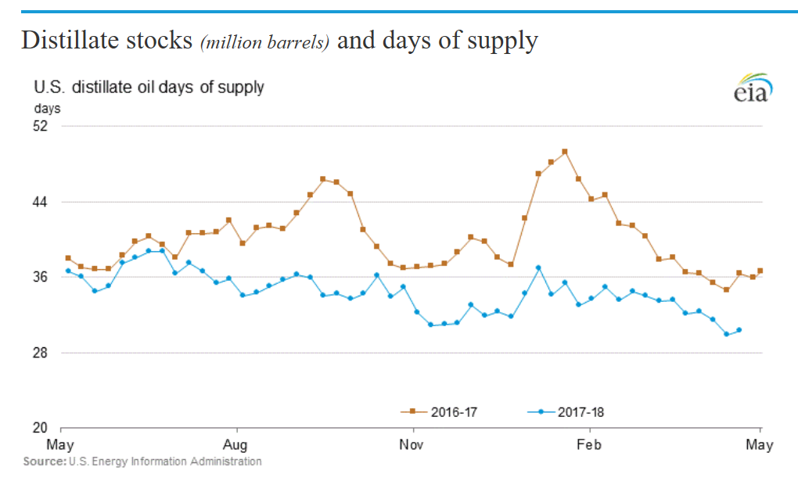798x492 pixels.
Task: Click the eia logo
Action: point(752,88)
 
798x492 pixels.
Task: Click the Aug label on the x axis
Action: point(235,445)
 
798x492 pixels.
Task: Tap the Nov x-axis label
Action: point(412,445)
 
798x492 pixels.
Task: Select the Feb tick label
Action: point(588,445)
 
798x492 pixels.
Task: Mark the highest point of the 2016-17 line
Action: point(565,151)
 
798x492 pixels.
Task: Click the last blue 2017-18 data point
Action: point(739,330)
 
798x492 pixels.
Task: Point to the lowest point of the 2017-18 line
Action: point(726,334)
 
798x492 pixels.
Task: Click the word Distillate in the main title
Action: point(69,40)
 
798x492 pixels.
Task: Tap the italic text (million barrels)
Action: point(264,42)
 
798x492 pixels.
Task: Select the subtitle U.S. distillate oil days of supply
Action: point(148,87)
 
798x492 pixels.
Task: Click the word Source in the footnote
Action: point(44,461)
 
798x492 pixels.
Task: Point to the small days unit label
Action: point(46,108)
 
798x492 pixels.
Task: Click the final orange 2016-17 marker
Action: point(760,271)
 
